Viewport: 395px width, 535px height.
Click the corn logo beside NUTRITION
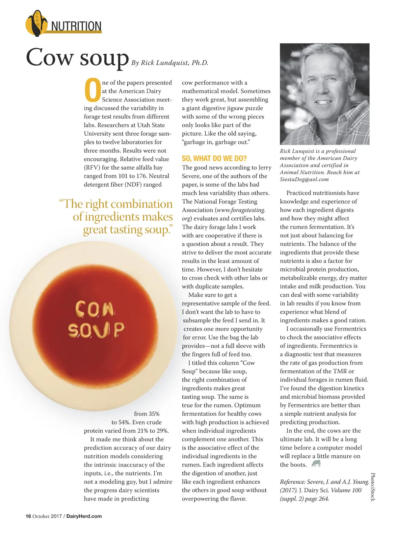pyautogui.click(x=36, y=23)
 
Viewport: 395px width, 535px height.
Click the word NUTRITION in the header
pyautogui.click(x=76, y=26)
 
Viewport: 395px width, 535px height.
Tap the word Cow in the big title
pyautogui.click(x=49, y=58)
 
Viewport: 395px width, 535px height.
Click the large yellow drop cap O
pyautogui.click(x=92, y=90)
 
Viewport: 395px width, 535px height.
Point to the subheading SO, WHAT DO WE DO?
pyautogui.click(x=214, y=158)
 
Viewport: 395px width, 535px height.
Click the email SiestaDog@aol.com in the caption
pyautogui.click(x=304, y=179)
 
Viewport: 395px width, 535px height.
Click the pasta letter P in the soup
pyautogui.click(x=119, y=330)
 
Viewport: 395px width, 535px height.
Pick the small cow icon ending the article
pyautogui.click(x=316, y=464)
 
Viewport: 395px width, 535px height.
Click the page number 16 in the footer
pyautogui.click(x=28, y=516)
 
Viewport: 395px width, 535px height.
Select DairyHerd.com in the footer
pyautogui.click(x=84, y=516)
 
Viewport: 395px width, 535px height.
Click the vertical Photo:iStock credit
pyautogui.click(x=373, y=487)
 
